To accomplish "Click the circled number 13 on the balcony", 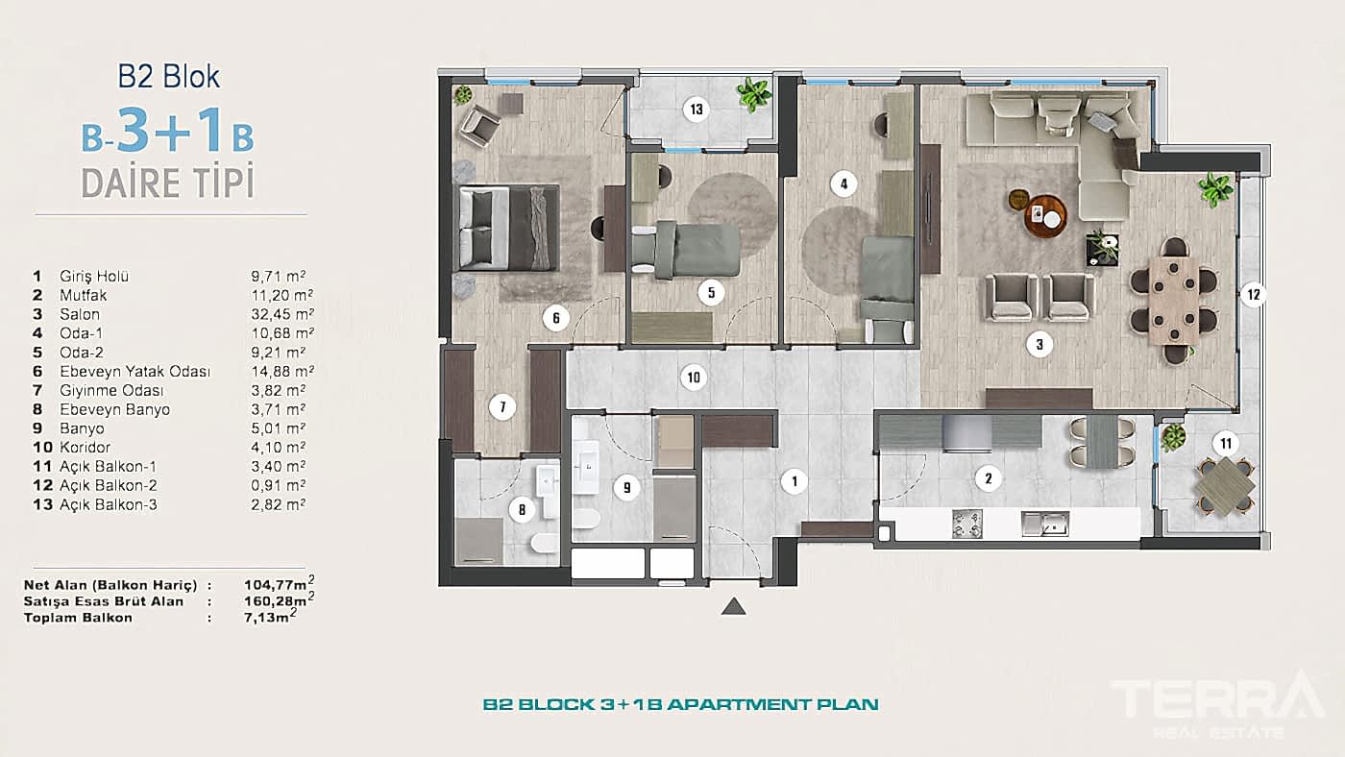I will coord(697,110).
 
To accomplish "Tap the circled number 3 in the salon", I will coord(1039,343).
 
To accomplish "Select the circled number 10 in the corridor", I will coord(694,377).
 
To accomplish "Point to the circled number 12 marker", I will coord(1250,295).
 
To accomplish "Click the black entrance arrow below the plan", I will coord(733,606).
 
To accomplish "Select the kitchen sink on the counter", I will coord(1045,524).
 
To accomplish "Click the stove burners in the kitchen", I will coord(967,524).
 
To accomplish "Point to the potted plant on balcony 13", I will coord(754,93).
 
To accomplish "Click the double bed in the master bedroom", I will coord(508,229).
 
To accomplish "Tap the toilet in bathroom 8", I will coord(543,546).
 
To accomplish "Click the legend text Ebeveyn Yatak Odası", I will coord(134,371).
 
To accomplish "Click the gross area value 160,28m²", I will coord(281,600).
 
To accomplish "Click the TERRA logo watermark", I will coord(1215,699).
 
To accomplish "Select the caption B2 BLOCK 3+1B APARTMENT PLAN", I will coord(680,704).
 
